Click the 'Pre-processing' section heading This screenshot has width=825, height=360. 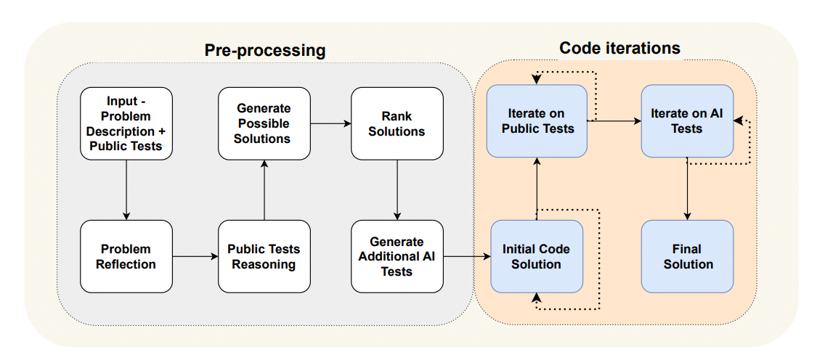click(x=264, y=50)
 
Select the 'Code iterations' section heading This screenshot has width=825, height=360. click(x=619, y=48)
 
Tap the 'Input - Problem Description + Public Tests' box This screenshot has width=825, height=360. click(x=126, y=123)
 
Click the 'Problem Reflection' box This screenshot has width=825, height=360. click(x=126, y=256)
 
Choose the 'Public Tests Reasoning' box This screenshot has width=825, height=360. click(x=264, y=256)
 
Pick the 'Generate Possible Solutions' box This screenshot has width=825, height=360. click(x=264, y=123)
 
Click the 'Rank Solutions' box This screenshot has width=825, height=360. click(x=397, y=123)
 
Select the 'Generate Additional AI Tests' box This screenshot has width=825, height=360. click(x=397, y=256)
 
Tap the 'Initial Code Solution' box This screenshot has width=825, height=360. click(x=536, y=256)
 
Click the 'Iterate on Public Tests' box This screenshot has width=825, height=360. click(x=537, y=121)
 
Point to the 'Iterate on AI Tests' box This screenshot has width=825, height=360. click(x=687, y=121)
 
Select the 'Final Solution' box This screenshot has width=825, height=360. click(x=687, y=256)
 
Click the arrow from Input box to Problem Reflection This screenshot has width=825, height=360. click(x=126, y=189)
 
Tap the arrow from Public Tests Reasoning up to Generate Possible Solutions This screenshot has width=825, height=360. click(x=264, y=189)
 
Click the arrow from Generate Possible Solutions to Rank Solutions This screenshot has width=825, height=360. click(x=330, y=123)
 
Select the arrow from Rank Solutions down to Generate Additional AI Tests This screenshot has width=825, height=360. click(x=397, y=189)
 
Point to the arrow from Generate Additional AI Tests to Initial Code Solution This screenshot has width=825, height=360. click(x=466, y=256)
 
